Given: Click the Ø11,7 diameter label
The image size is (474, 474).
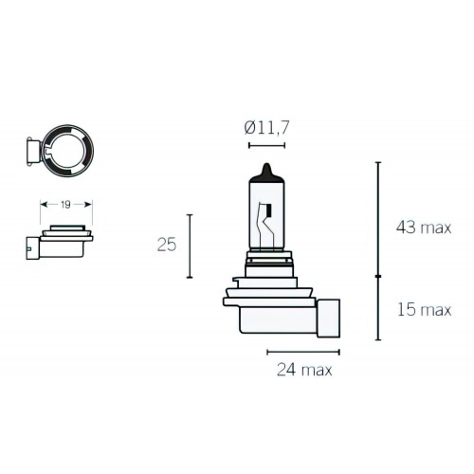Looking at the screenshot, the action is pos(266,128).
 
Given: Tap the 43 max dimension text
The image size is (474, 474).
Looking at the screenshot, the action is pos(424,228).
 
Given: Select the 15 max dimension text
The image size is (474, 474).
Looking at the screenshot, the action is pos(425,309).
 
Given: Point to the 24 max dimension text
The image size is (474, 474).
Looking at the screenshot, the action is pos(304,370).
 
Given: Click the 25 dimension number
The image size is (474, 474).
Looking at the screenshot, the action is pos(167,245).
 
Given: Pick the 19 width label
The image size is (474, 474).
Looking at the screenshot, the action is pos(65,205).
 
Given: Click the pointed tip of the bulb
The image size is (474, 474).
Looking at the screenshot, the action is pos(267,164).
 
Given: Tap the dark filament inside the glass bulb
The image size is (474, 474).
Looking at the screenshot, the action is pos(269,210).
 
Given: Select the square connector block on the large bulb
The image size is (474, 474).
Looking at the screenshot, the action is pos(328,318).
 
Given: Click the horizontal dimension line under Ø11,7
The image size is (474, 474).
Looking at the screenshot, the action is pos(266,145).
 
